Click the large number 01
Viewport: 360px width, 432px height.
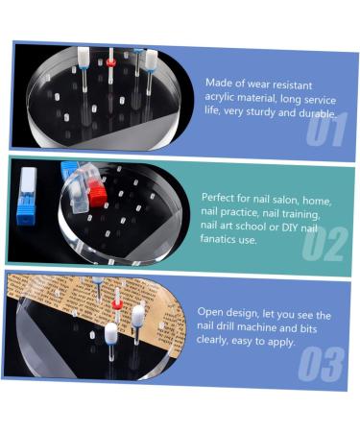tap(326, 130)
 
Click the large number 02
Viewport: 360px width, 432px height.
tap(324, 244)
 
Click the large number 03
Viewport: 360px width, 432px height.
tap(322, 365)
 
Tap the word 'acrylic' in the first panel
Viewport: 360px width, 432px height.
tap(219, 97)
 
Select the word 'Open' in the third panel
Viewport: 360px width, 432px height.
tap(207, 312)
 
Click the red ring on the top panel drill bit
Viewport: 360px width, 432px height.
tap(110, 62)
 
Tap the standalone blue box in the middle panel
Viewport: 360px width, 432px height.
tap(27, 196)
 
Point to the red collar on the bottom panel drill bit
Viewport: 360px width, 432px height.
tap(117, 303)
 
